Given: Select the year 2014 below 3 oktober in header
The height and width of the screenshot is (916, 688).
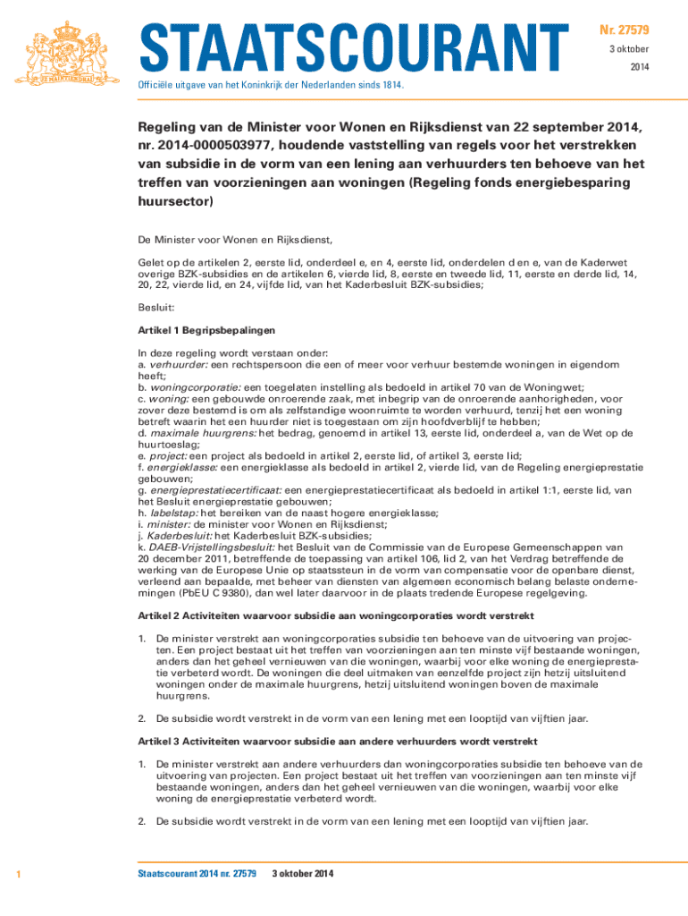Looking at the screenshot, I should (x=640, y=67).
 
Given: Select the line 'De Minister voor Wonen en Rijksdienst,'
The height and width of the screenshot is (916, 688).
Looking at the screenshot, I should (x=234, y=240).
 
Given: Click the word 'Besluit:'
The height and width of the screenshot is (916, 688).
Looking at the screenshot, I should (x=155, y=307).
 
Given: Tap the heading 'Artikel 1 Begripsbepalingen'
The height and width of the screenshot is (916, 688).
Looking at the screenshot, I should (x=201, y=330).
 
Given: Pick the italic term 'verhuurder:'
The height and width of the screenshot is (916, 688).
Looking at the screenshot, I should (x=178, y=365).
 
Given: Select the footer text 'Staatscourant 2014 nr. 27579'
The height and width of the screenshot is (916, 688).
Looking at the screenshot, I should (x=197, y=873).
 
